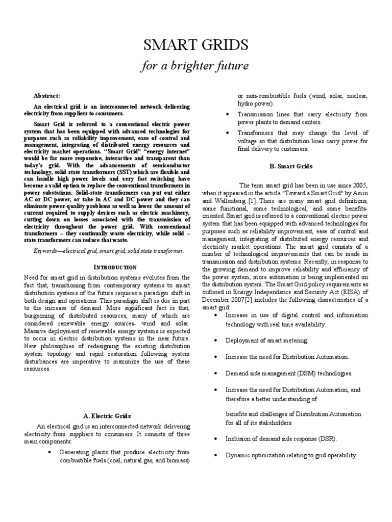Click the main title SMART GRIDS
click(x=196, y=46)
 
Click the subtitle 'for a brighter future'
click(x=196, y=66)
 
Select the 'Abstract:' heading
click(x=46, y=95)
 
